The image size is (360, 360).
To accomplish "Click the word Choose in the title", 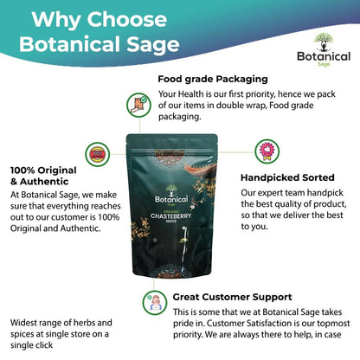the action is pyautogui.click(x=127, y=20).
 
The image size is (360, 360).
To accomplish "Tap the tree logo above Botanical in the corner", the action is pyautogui.click(x=324, y=42).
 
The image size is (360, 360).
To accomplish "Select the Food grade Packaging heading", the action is pyautogui.click(x=213, y=79).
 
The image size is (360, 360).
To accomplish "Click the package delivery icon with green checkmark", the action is pyautogui.click(x=138, y=105).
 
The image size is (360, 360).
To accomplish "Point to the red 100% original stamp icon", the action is pyautogui.click(x=98, y=154).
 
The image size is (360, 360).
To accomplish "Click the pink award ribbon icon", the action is pyautogui.click(x=267, y=151).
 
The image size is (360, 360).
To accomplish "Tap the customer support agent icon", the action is pyautogui.click(x=155, y=303).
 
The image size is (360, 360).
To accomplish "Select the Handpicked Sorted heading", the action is pyautogui.click(x=287, y=177).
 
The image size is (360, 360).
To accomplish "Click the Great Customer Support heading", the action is pyautogui.click(x=233, y=297).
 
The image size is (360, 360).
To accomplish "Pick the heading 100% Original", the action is pyautogui.click(x=43, y=170).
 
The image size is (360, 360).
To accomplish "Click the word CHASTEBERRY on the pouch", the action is pyautogui.click(x=170, y=216).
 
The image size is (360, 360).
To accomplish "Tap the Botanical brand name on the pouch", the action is pyautogui.click(x=171, y=199).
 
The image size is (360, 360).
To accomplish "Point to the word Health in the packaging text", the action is pyautogui.click(x=190, y=94).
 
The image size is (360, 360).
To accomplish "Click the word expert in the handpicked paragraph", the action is pyautogui.click(x=267, y=193).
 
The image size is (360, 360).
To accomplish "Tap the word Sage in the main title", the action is pyautogui.click(x=153, y=45).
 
